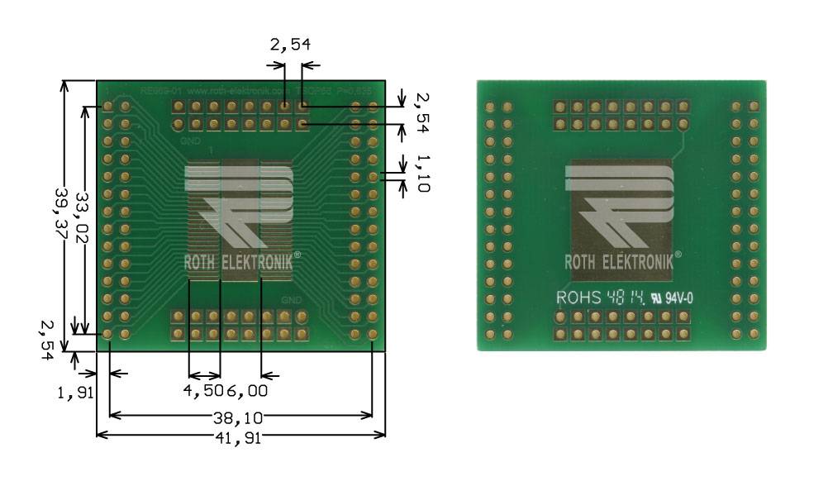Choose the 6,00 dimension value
pyautogui.click(x=247, y=389)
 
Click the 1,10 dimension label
pyautogui.click(x=422, y=173)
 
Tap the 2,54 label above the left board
pyautogui.click(x=289, y=45)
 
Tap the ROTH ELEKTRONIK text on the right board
pyautogui.click(x=623, y=262)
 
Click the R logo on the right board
pyautogui.click(x=620, y=207)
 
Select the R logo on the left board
pyautogui.click(x=240, y=207)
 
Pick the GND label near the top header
pyautogui.click(x=189, y=141)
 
